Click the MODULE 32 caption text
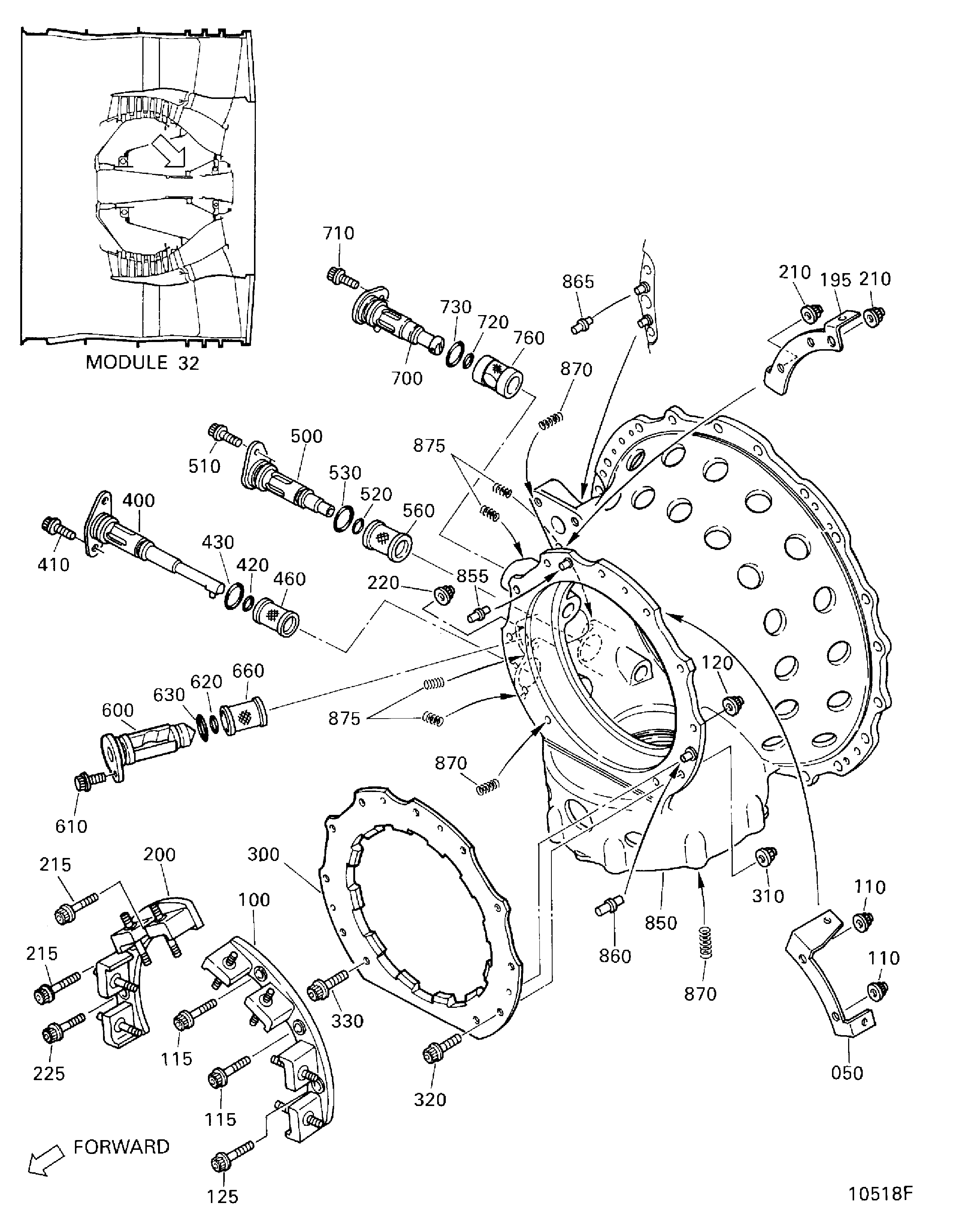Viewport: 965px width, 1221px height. [142, 362]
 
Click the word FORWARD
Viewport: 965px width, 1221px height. [121, 1146]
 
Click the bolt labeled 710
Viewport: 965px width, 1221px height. [342, 277]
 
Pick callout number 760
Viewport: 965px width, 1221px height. [529, 338]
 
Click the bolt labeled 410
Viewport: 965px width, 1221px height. [58, 529]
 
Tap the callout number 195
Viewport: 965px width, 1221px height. [836, 280]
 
